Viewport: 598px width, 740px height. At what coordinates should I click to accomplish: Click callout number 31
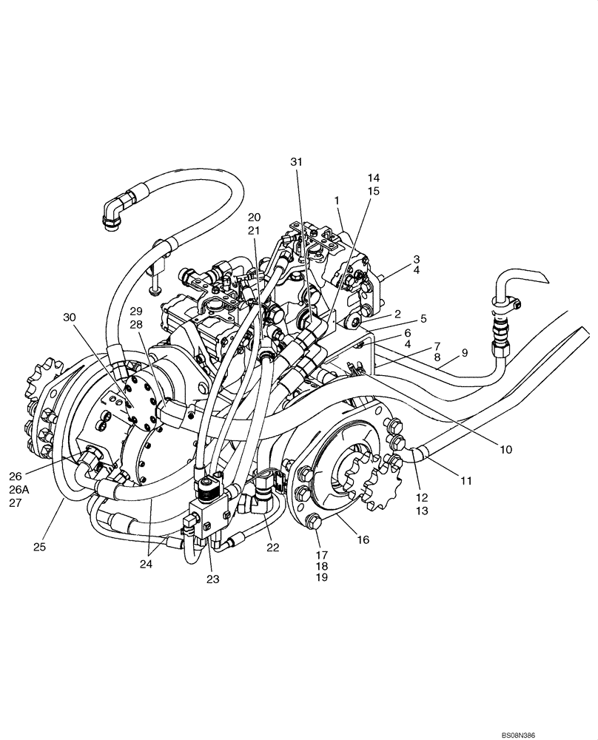click(x=296, y=161)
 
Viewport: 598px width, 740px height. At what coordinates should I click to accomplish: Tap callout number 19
click(x=320, y=577)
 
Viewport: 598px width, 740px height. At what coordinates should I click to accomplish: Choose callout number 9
click(x=465, y=352)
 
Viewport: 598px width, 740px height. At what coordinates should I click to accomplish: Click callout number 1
click(x=338, y=201)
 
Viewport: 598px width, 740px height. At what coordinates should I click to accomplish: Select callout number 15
click(x=373, y=191)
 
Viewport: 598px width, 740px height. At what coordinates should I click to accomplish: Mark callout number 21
click(x=254, y=230)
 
